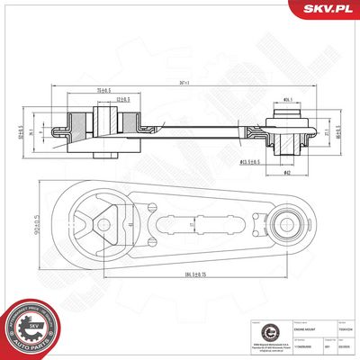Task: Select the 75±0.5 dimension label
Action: pyautogui.click(x=103, y=92)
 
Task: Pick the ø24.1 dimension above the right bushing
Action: pyautogui.click(x=287, y=99)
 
